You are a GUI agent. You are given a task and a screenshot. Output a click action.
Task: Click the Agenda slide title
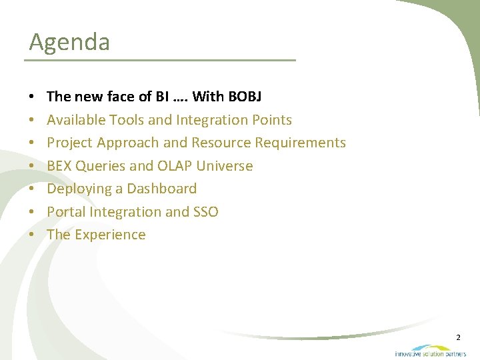pos(69,43)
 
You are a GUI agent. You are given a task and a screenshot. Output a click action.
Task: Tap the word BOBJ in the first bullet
pos(245,97)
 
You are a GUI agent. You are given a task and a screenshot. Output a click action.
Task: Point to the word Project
pos(69,143)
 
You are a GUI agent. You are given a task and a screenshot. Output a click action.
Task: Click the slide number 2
pos(458,338)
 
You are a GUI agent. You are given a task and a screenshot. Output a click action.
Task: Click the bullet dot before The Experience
pos(33,235)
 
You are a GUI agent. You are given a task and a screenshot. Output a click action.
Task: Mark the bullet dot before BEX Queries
pos(33,166)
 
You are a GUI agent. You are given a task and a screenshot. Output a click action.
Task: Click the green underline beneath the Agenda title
pos(160,60)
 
